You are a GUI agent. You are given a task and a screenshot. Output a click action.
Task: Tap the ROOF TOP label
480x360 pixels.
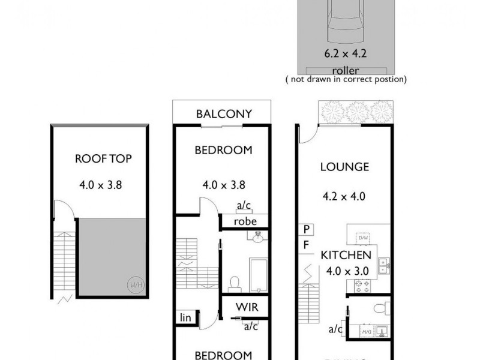[103, 158]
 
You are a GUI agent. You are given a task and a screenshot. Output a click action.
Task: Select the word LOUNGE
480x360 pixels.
[344, 167]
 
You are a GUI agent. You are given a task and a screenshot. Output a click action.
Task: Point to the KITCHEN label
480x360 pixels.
[346, 255]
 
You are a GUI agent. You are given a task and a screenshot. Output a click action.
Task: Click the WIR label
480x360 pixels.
[247, 307]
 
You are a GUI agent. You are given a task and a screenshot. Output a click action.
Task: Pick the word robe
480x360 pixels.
[245, 221]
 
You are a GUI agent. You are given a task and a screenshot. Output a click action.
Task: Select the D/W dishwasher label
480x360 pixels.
[363, 238]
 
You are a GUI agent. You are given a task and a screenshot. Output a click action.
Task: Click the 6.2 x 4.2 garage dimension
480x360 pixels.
[345, 53]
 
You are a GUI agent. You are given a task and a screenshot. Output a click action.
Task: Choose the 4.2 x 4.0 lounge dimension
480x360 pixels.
[344, 196]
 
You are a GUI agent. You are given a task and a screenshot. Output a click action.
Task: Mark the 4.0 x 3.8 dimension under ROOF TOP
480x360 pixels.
[101, 185]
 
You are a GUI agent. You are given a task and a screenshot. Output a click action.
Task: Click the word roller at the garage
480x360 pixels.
[345, 70]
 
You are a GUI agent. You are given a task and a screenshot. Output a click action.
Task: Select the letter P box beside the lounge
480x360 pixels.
[306, 229]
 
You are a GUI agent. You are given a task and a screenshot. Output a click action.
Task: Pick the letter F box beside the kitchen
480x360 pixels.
[306, 245]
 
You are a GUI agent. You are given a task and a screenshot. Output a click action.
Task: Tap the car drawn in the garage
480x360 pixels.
[344, 18]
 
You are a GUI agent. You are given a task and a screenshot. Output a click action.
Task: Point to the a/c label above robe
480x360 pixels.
[244, 206]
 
